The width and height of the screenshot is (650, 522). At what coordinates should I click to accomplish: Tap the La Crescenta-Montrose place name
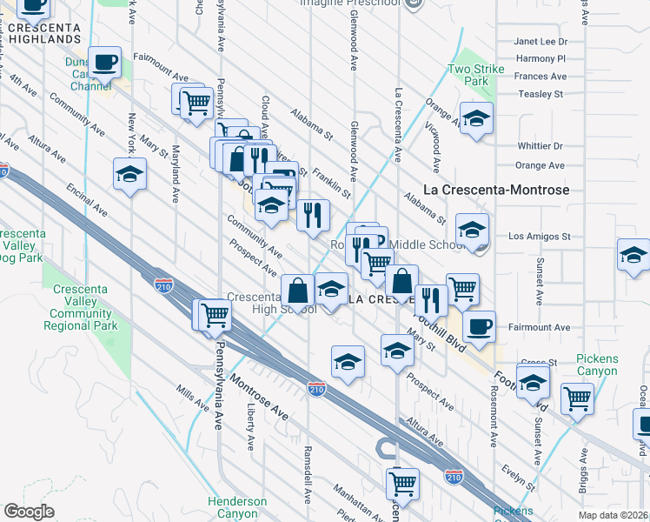495,189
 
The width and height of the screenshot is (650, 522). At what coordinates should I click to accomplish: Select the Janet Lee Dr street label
541,41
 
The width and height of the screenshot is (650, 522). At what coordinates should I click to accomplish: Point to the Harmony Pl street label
541,58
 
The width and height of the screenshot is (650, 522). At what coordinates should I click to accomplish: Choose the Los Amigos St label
539,236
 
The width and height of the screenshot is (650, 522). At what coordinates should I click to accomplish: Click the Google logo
29,512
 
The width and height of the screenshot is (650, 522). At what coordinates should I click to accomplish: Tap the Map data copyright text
614,515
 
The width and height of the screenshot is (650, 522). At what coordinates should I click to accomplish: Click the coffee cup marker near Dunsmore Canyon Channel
105,63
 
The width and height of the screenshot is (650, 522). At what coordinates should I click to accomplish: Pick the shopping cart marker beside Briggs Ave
577,398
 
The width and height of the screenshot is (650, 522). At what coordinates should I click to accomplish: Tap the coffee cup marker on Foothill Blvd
478,327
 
